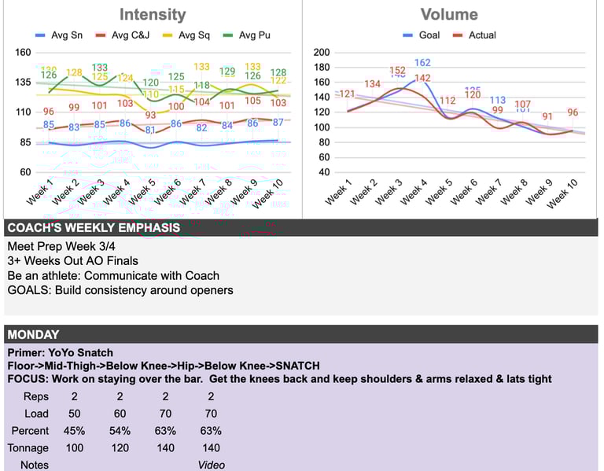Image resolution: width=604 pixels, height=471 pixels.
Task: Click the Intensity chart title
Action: pos(153,14)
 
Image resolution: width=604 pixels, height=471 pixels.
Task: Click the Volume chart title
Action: pos(448,14)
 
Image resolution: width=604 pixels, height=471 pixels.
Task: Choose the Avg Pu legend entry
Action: pos(251,35)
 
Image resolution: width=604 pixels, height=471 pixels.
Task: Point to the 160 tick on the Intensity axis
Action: pos(23,53)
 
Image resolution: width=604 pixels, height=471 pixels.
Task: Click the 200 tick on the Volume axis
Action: pos(322,53)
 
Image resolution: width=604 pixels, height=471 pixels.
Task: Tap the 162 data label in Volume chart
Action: pos(422,63)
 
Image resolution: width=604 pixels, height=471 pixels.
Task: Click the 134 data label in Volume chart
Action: pos(372,84)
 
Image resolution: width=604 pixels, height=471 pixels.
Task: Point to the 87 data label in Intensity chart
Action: pos(278,122)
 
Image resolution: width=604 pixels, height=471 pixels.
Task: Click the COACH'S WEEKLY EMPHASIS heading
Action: pos(94,228)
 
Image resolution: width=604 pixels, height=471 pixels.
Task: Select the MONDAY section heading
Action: pos(33,335)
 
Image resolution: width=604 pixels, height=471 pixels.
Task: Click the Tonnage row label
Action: pos(28,447)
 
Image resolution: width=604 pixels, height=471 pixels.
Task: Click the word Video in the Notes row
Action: pos(211,465)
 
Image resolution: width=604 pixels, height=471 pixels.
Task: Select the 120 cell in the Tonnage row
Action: pos(120,447)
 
